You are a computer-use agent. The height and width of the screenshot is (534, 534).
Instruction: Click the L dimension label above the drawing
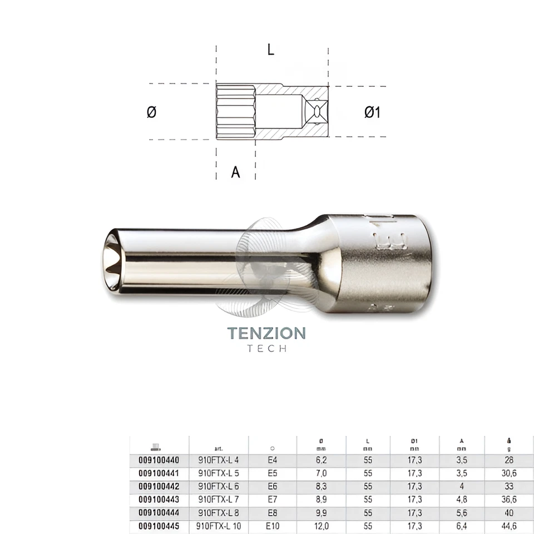click(x=270, y=50)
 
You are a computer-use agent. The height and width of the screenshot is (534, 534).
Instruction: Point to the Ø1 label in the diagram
click(x=372, y=112)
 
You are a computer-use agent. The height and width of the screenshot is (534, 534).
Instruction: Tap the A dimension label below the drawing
click(x=235, y=172)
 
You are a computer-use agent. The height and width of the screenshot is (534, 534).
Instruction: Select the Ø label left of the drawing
click(x=151, y=112)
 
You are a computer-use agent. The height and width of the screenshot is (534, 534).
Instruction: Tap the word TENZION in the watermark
click(x=266, y=333)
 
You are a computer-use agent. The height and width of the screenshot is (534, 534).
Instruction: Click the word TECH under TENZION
click(x=266, y=349)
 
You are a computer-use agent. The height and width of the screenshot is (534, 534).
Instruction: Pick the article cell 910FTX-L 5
click(x=219, y=473)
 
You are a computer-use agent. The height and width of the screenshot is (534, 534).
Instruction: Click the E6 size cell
click(x=273, y=486)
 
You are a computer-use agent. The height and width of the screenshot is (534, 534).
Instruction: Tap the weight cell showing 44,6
click(x=509, y=526)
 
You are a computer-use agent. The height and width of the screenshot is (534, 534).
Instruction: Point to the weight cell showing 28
click(x=509, y=460)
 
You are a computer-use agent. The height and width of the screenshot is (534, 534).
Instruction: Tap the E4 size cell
click(x=273, y=460)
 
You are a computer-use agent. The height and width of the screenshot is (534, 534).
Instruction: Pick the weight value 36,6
click(x=509, y=500)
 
